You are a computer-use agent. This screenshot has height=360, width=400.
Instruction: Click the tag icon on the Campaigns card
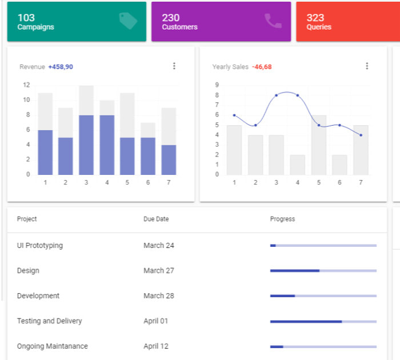coord(128,21)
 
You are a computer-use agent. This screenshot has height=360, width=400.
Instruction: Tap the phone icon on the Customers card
coord(273,21)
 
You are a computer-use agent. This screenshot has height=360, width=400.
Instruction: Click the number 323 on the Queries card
coord(315,18)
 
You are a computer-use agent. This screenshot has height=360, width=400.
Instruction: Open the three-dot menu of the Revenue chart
coord(174,66)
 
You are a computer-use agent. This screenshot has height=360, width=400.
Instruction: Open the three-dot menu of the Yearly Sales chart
coord(367,66)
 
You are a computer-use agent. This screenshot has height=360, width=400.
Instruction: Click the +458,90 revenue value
coord(61,67)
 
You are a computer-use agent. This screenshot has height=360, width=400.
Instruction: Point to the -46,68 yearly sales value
coord(262,67)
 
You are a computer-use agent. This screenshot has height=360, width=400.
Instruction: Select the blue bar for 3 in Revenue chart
coord(86,145)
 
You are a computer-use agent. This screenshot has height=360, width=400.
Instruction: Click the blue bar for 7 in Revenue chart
coord(169,160)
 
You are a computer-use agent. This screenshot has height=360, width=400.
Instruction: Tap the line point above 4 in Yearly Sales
coord(298,95)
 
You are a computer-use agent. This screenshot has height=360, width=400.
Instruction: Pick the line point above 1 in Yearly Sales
coord(234,115)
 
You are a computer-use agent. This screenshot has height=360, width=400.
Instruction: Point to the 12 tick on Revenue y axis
coord(26,85)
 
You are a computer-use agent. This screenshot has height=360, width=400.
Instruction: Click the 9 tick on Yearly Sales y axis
coord(217,85)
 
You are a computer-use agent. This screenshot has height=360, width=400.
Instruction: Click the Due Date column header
coord(156,219)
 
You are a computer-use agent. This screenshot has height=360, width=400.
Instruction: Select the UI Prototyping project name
coord(40,246)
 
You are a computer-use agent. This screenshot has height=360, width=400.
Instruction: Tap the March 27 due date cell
coord(159,271)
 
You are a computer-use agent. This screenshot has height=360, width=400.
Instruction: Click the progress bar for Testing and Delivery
coord(323,321)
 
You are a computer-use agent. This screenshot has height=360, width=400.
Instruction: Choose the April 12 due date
coord(155,346)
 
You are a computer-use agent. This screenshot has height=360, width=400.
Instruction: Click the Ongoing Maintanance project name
coord(52,346)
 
